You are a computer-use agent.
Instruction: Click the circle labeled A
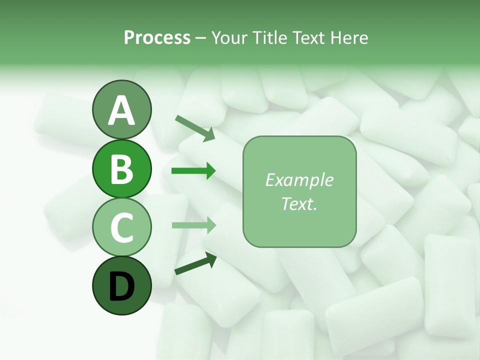point(121,110)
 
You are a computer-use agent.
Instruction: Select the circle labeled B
point(121,168)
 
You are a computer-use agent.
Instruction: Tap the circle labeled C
point(121,227)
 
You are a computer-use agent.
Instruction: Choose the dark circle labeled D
point(121,285)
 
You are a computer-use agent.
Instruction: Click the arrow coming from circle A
point(195,127)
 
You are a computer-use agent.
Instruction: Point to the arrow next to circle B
point(193,171)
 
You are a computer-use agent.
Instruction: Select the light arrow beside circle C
point(193,224)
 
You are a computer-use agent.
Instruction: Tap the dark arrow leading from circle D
point(195,263)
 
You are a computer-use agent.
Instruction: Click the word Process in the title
point(157,38)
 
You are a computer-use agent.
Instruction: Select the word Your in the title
point(229,38)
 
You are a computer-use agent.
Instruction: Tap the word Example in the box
point(299,180)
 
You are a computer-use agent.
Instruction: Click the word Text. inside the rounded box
point(299,203)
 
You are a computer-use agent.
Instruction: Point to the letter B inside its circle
point(121,169)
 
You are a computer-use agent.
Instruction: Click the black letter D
point(121,286)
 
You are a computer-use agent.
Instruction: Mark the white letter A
point(121,110)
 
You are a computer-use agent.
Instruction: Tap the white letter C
point(121,227)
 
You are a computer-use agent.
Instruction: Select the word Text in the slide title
point(306,38)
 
